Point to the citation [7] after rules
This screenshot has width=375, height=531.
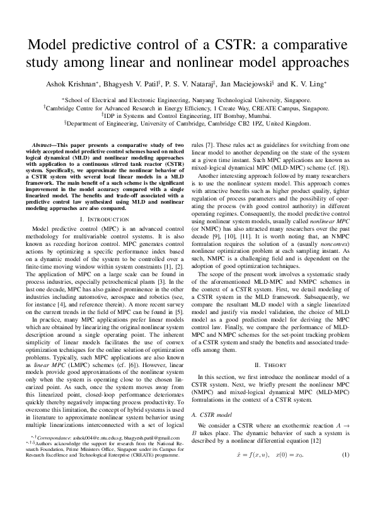[x=210, y=144]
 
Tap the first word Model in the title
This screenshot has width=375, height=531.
[x=49, y=45]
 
